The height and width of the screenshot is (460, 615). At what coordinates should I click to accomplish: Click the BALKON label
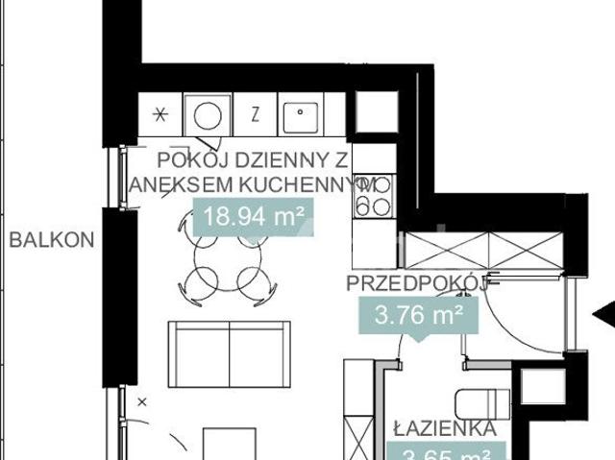tap(51, 240)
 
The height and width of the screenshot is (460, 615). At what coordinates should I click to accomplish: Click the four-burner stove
tap(375, 196)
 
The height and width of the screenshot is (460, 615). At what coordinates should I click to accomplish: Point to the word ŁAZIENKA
tap(444, 428)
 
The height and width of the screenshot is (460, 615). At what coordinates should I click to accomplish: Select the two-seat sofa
tap(229, 351)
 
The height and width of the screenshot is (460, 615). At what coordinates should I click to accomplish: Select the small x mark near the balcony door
tap(142, 400)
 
